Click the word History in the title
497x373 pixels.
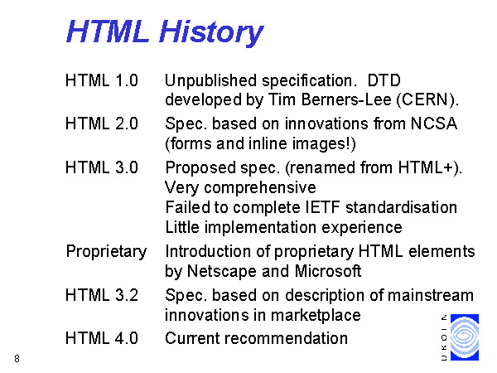click(x=211, y=32)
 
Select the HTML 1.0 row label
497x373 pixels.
click(x=102, y=80)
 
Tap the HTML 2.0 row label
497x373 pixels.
click(x=102, y=124)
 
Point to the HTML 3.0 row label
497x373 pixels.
click(x=102, y=167)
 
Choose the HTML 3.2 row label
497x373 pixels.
click(x=102, y=295)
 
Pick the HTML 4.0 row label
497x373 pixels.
click(x=102, y=338)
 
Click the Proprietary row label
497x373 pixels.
click(x=107, y=252)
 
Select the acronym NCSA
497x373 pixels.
click(x=434, y=124)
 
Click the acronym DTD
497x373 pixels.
click(x=384, y=80)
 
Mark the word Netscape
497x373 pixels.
click(x=222, y=271)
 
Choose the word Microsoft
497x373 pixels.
click(x=328, y=271)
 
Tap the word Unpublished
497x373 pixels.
click(x=210, y=81)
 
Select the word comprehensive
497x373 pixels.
click(x=260, y=188)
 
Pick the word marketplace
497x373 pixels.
click(x=316, y=316)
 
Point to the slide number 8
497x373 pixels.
click(x=17, y=358)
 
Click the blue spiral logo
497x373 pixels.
click(x=465, y=337)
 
